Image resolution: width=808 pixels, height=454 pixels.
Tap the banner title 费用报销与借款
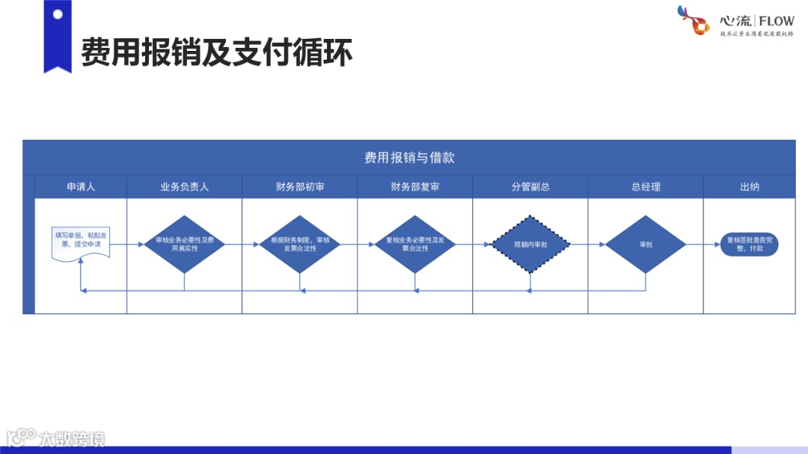(409, 158)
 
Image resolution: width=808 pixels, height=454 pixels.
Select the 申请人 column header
(81, 187)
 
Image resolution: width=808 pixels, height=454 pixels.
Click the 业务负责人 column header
(184, 187)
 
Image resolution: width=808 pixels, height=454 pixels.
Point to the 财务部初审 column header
(299, 187)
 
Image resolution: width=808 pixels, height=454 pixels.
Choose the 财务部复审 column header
(415, 187)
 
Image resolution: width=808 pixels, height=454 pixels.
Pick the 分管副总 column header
(530, 187)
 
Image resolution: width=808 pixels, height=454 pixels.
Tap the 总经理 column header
(646, 187)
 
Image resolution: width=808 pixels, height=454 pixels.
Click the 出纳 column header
(749, 187)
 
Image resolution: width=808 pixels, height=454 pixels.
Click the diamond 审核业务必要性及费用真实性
(184, 244)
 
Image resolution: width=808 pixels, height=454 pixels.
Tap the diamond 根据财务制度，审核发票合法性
(299, 244)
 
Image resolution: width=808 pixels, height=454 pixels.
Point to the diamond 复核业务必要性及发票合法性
(415, 244)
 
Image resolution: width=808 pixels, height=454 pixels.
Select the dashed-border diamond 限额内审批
(530, 244)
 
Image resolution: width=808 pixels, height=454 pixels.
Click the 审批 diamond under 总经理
(646, 244)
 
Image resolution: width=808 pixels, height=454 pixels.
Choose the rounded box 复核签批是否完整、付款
(749, 244)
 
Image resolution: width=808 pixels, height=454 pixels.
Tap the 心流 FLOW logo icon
(693, 20)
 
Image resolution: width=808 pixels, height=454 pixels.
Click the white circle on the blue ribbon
(58, 14)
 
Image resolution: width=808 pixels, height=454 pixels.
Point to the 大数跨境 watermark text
(73, 438)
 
